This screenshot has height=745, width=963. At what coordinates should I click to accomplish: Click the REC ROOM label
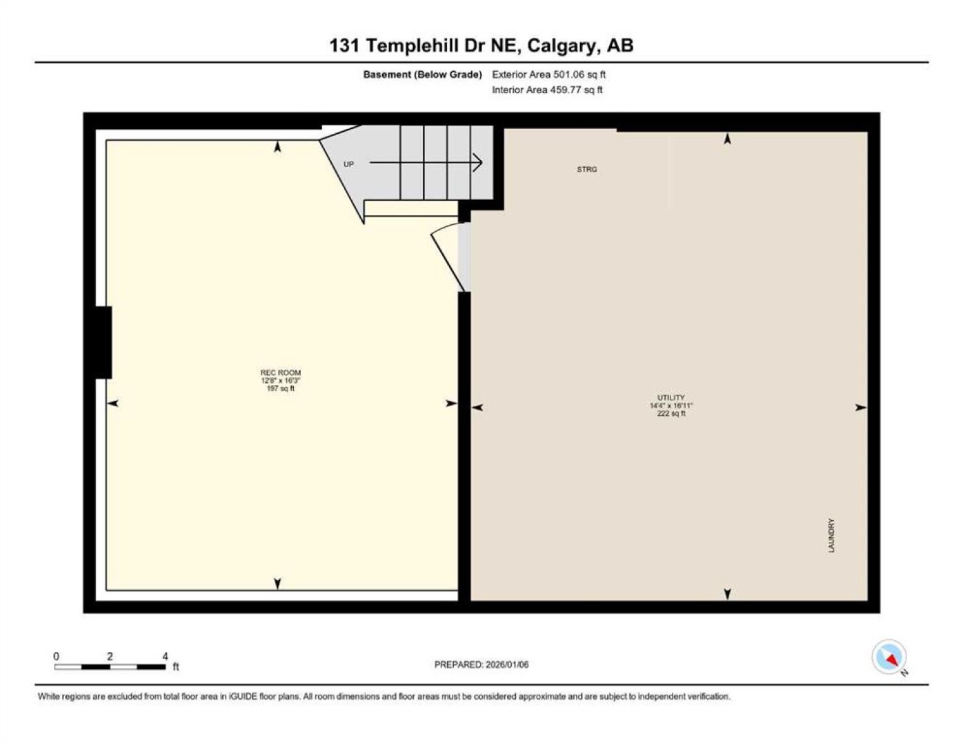pos(280,372)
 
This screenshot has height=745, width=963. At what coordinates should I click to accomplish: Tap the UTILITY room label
pos(671,397)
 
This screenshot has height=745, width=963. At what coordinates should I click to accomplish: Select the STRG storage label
pos(587,169)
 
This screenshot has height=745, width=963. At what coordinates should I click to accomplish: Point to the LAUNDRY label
pos(831,535)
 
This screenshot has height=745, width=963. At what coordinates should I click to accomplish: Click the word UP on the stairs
pos(349,164)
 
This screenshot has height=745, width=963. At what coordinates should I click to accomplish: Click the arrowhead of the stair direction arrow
pos(478,162)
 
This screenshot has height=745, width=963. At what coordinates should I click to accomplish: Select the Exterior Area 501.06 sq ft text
pos(548,74)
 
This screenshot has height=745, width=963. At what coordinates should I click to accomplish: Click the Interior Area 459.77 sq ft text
pos(547,90)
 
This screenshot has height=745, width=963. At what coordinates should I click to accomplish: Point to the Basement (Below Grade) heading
pos(422,74)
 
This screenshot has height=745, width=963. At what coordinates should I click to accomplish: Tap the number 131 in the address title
pos(345,46)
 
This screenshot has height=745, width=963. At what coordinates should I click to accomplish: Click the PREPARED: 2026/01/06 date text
pos(481,665)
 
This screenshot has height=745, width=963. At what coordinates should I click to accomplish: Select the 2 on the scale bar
pos(110,656)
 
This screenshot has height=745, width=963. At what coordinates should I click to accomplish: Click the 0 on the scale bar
pos(57,656)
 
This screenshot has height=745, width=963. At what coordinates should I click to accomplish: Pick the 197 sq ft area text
pos(280,388)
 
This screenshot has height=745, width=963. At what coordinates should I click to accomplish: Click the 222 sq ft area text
pos(671,413)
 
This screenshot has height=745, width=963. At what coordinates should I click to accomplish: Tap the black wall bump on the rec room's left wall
pos(103,343)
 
